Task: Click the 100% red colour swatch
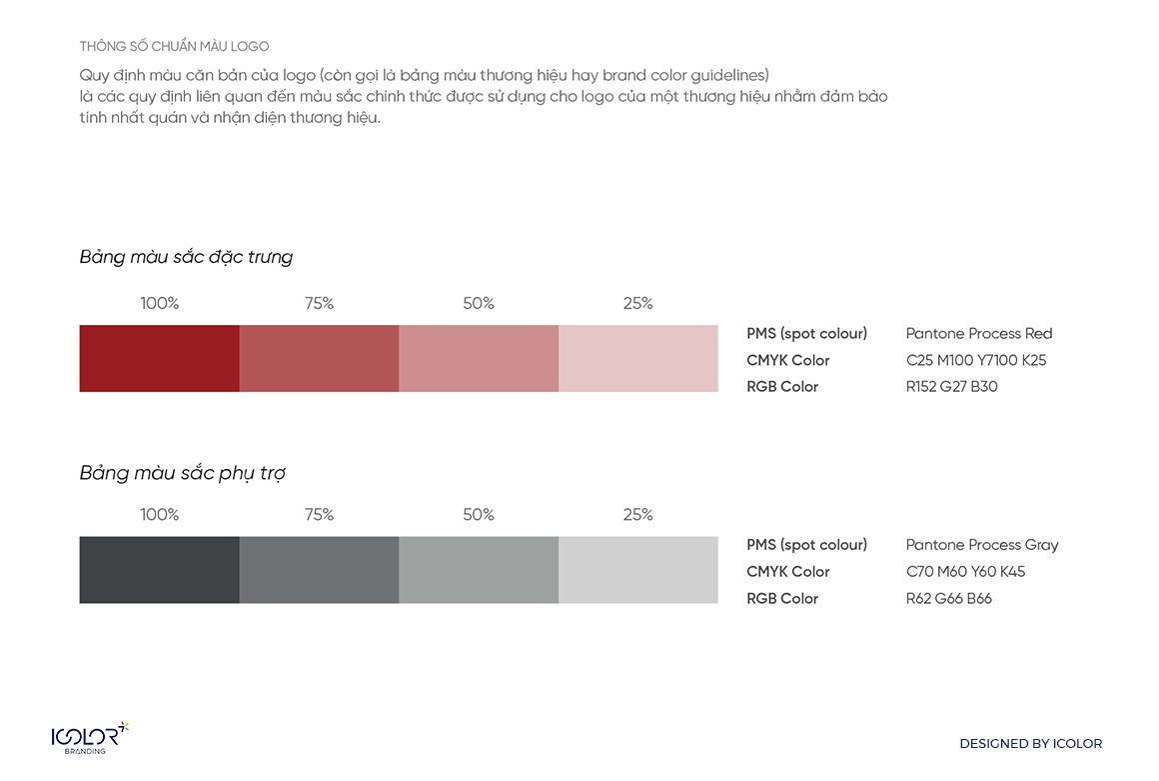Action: [159, 358]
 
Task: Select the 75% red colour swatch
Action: [319, 358]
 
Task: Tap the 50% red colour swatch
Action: [479, 358]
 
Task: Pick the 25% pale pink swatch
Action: [638, 358]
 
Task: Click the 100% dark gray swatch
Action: [159, 570]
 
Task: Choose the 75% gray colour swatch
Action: [319, 570]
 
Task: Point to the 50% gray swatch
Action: [479, 570]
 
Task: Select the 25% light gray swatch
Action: [638, 570]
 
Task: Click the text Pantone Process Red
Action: [979, 334]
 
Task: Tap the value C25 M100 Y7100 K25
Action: [976, 360]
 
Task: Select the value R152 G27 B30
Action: [951, 387]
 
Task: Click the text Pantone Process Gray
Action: [982, 545]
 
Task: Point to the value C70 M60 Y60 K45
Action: [965, 572]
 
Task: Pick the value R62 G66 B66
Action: [948, 599]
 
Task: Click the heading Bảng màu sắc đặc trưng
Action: [186, 257]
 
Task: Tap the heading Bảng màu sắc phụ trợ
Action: [182, 473]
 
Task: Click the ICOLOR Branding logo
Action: [90, 738]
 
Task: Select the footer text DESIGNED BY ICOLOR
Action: [1030, 744]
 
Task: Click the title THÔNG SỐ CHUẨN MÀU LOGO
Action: [174, 47]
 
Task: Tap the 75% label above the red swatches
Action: [319, 304]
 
